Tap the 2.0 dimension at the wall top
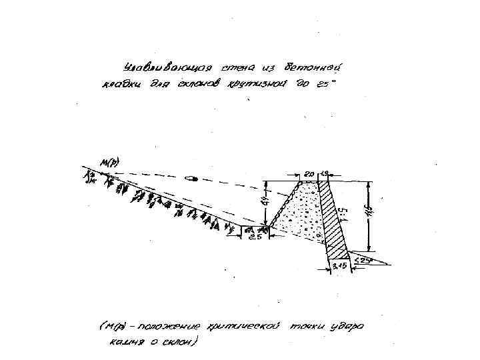click(309, 174)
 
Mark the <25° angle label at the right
click(363, 260)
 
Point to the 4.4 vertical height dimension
click(265, 200)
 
